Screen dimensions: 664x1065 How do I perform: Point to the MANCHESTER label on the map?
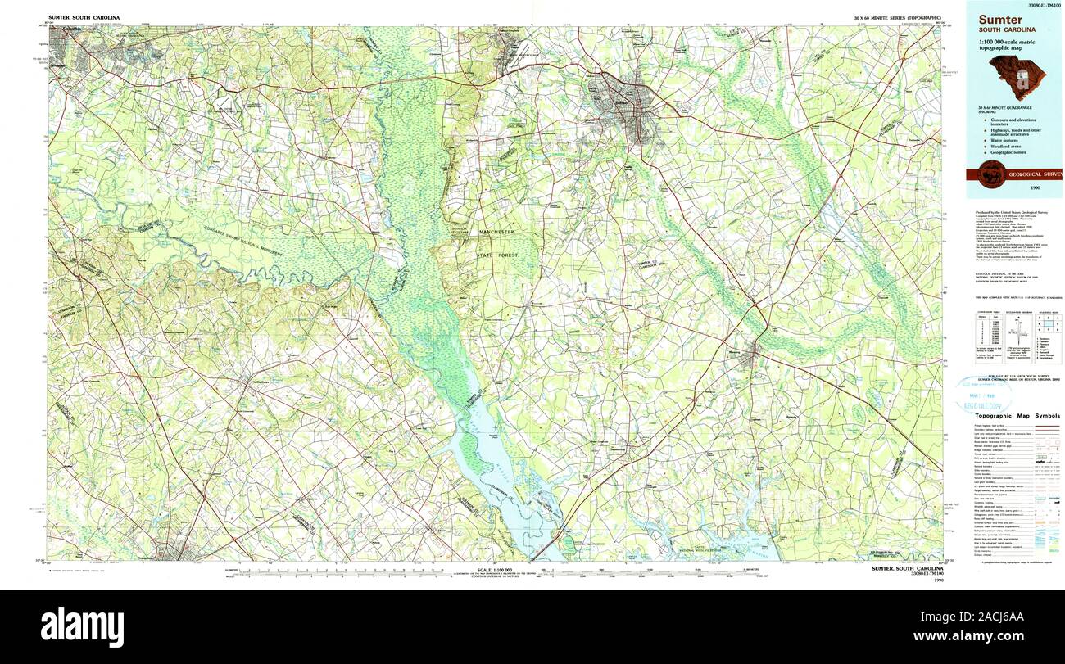point(496,233)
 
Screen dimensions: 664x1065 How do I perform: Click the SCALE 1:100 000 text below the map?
point(494,569)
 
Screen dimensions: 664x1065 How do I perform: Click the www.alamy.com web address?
point(994,636)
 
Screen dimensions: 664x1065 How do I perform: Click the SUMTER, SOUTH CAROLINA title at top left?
point(84,17)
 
